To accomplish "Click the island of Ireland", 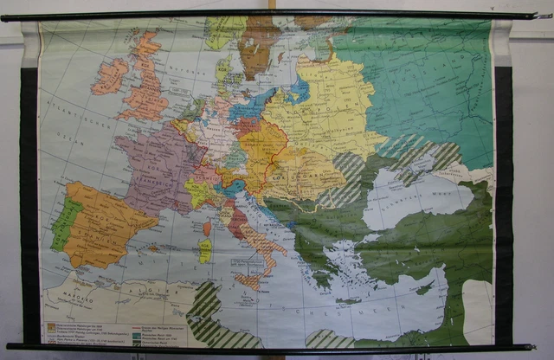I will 109,76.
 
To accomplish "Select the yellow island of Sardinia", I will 205,251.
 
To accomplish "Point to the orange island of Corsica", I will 207,228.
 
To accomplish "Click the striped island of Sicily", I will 249,280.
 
